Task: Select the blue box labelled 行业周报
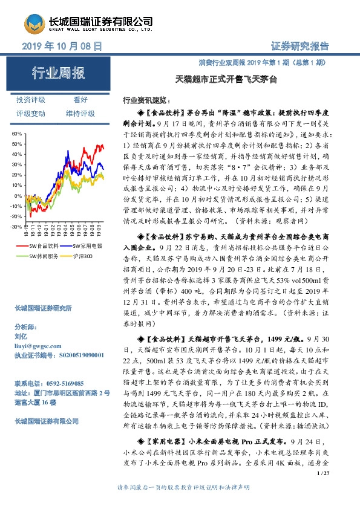pos(59,74)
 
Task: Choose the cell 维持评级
pos(80,113)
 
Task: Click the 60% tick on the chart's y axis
pos(16,132)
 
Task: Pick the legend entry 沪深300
pos(83,256)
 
